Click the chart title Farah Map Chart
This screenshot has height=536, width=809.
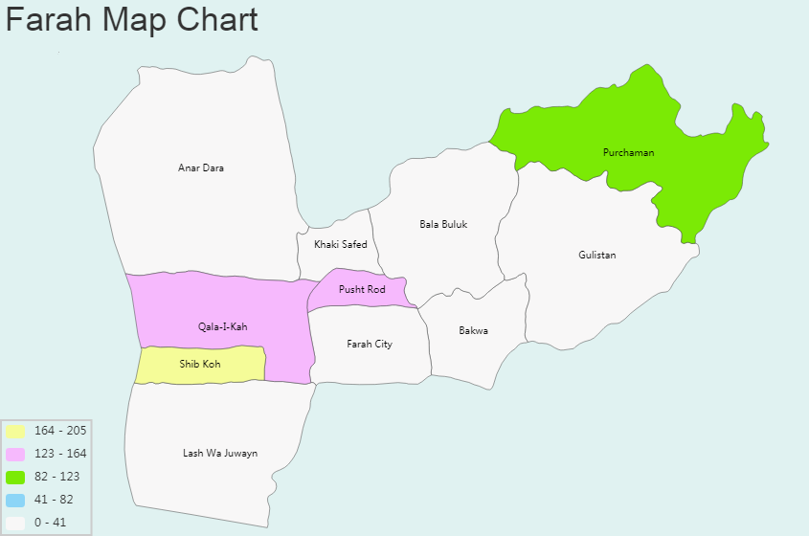(x=132, y=20)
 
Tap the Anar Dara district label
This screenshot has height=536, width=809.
(x=201, y=168)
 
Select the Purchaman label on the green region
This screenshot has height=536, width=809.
(x=628, y=153)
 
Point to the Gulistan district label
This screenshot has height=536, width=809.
(x=597, y=256)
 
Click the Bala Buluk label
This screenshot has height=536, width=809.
(x=443, y=225)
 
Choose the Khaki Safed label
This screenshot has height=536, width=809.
(x=340, y=245)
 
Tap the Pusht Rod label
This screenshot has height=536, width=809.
(x=362, y=290)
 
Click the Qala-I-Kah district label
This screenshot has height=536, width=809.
(x=222, y=327)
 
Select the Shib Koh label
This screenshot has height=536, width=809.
(x=199, y=365)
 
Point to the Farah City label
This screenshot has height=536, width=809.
(x=369, y=345)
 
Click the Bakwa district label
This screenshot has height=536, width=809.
(x=473, y=331)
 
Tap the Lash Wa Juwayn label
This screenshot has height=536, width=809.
(x=220, y=454)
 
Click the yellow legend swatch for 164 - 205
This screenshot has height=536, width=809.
(x=15, y=431)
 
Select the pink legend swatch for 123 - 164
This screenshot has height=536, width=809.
(x=15, y=454)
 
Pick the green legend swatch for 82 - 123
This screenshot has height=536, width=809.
(x=15, y=477)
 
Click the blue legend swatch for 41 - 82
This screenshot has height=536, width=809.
(x=15, y=500)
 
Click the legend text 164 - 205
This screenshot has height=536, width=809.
(x=60, y=431)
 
